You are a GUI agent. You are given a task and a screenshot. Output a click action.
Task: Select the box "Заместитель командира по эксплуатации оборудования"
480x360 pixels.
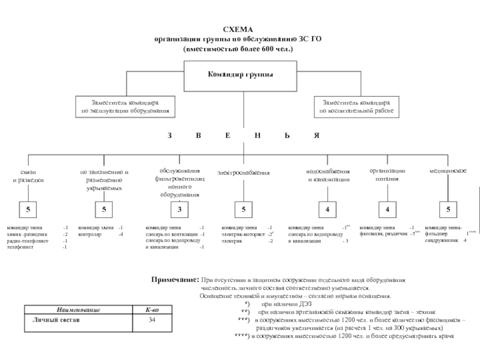[x=125, y=106]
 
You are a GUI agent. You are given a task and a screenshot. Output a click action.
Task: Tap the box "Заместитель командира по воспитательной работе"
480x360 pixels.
[x=356, y=106]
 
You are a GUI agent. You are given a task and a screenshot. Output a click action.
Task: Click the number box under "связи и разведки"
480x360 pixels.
[x=28, y=210]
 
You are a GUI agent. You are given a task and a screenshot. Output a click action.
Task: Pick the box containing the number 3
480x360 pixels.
[x=179, y=210]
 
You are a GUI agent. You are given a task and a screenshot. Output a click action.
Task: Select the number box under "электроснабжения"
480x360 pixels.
[x=244, y=210]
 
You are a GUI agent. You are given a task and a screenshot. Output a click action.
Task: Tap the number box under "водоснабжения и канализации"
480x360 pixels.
[x=328, y=210]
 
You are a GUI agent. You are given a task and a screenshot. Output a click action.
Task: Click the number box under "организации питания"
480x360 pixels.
[x=388, y=210]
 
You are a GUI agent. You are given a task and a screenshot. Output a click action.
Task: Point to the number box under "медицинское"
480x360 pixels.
[x=448, y=210]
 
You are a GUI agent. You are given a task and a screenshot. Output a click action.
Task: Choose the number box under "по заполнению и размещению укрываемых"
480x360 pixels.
[x=104, y=210]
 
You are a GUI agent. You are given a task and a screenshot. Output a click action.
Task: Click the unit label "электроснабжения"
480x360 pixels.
[x=243, y=173]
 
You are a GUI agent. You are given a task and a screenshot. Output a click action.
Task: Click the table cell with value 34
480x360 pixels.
[x=152, y=320]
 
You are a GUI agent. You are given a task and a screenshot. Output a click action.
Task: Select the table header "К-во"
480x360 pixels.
[x=152, y=310]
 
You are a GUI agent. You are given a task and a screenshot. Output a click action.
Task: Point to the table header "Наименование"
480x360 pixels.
[x=79, y=310]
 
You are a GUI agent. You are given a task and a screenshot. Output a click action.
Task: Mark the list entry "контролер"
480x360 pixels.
[x=89, y=234]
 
